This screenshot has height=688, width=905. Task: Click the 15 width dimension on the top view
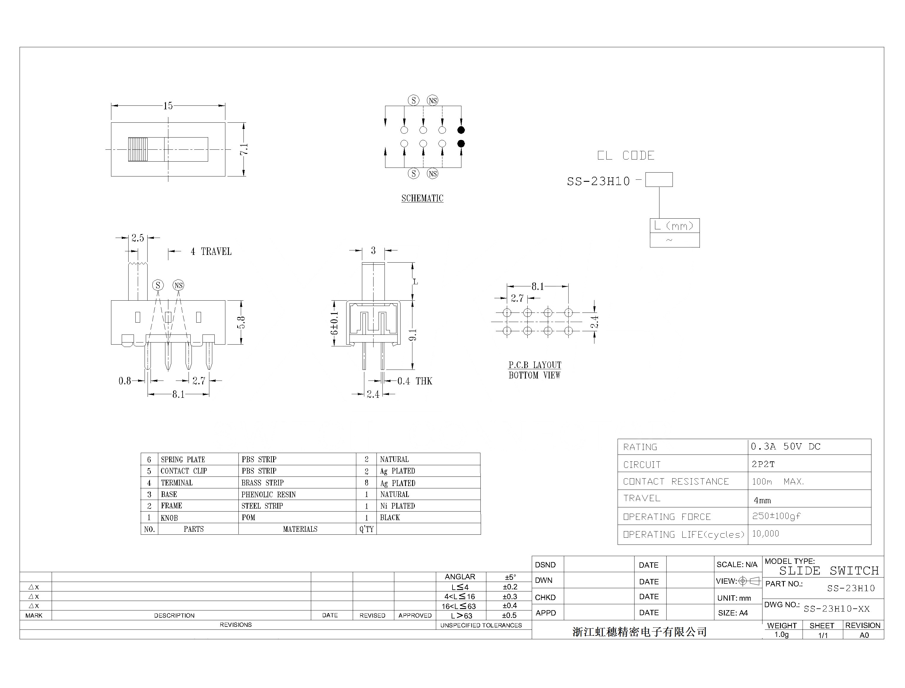pos(168,106)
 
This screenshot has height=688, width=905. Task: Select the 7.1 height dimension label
pos(243,149)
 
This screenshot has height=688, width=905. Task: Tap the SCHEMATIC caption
pos(422,198)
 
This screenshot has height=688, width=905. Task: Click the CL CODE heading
pos(625,156)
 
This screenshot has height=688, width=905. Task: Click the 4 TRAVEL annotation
pos(211,251)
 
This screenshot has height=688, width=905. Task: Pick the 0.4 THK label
pos(414,381)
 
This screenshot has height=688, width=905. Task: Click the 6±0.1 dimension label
pos(334,323)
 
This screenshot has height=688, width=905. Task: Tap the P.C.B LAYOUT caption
pos(534,365)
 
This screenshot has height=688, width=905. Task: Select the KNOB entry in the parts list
pos(169,518)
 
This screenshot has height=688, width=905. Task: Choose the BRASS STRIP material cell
pos(262,483)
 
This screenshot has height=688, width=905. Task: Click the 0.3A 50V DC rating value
pos(785,446)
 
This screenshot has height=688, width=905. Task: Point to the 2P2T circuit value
pos(763,464)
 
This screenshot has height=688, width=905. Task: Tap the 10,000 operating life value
pos(765,534)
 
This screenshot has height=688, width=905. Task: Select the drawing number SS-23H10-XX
pos(836,609)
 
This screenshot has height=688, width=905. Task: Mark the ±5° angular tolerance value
pos(510,577)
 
